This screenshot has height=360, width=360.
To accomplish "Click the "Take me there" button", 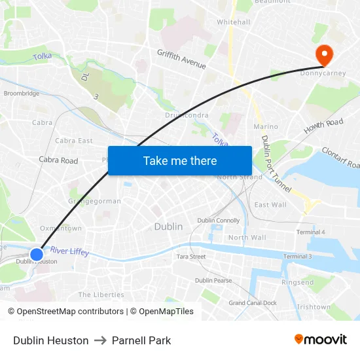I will (180, 160).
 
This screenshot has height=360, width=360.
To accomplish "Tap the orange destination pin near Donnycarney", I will (324, 53).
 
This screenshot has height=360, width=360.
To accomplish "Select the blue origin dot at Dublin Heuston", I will (37, 254).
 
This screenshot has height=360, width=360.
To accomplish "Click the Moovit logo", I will (321, 340).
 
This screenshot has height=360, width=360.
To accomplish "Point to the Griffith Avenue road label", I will (181, 60).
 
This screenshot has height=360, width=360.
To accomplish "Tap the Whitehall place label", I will (234, 22).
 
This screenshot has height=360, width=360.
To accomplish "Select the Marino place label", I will (265, 126).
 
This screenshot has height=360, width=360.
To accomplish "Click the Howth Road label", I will (324, 128).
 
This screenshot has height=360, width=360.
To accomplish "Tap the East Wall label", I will (270, 205).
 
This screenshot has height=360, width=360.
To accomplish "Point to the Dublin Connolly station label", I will (219, 221).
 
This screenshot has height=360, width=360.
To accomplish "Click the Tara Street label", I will (191, 257).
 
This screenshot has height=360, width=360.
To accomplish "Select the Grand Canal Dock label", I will (253, 303).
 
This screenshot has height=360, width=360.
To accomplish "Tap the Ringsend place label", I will (297, 283).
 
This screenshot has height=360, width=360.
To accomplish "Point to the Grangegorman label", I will (95, 202).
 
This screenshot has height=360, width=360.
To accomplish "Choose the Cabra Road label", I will (58, 160).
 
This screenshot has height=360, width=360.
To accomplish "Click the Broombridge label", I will (22, 94).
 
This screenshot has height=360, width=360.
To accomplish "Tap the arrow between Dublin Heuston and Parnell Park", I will (100, 340).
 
